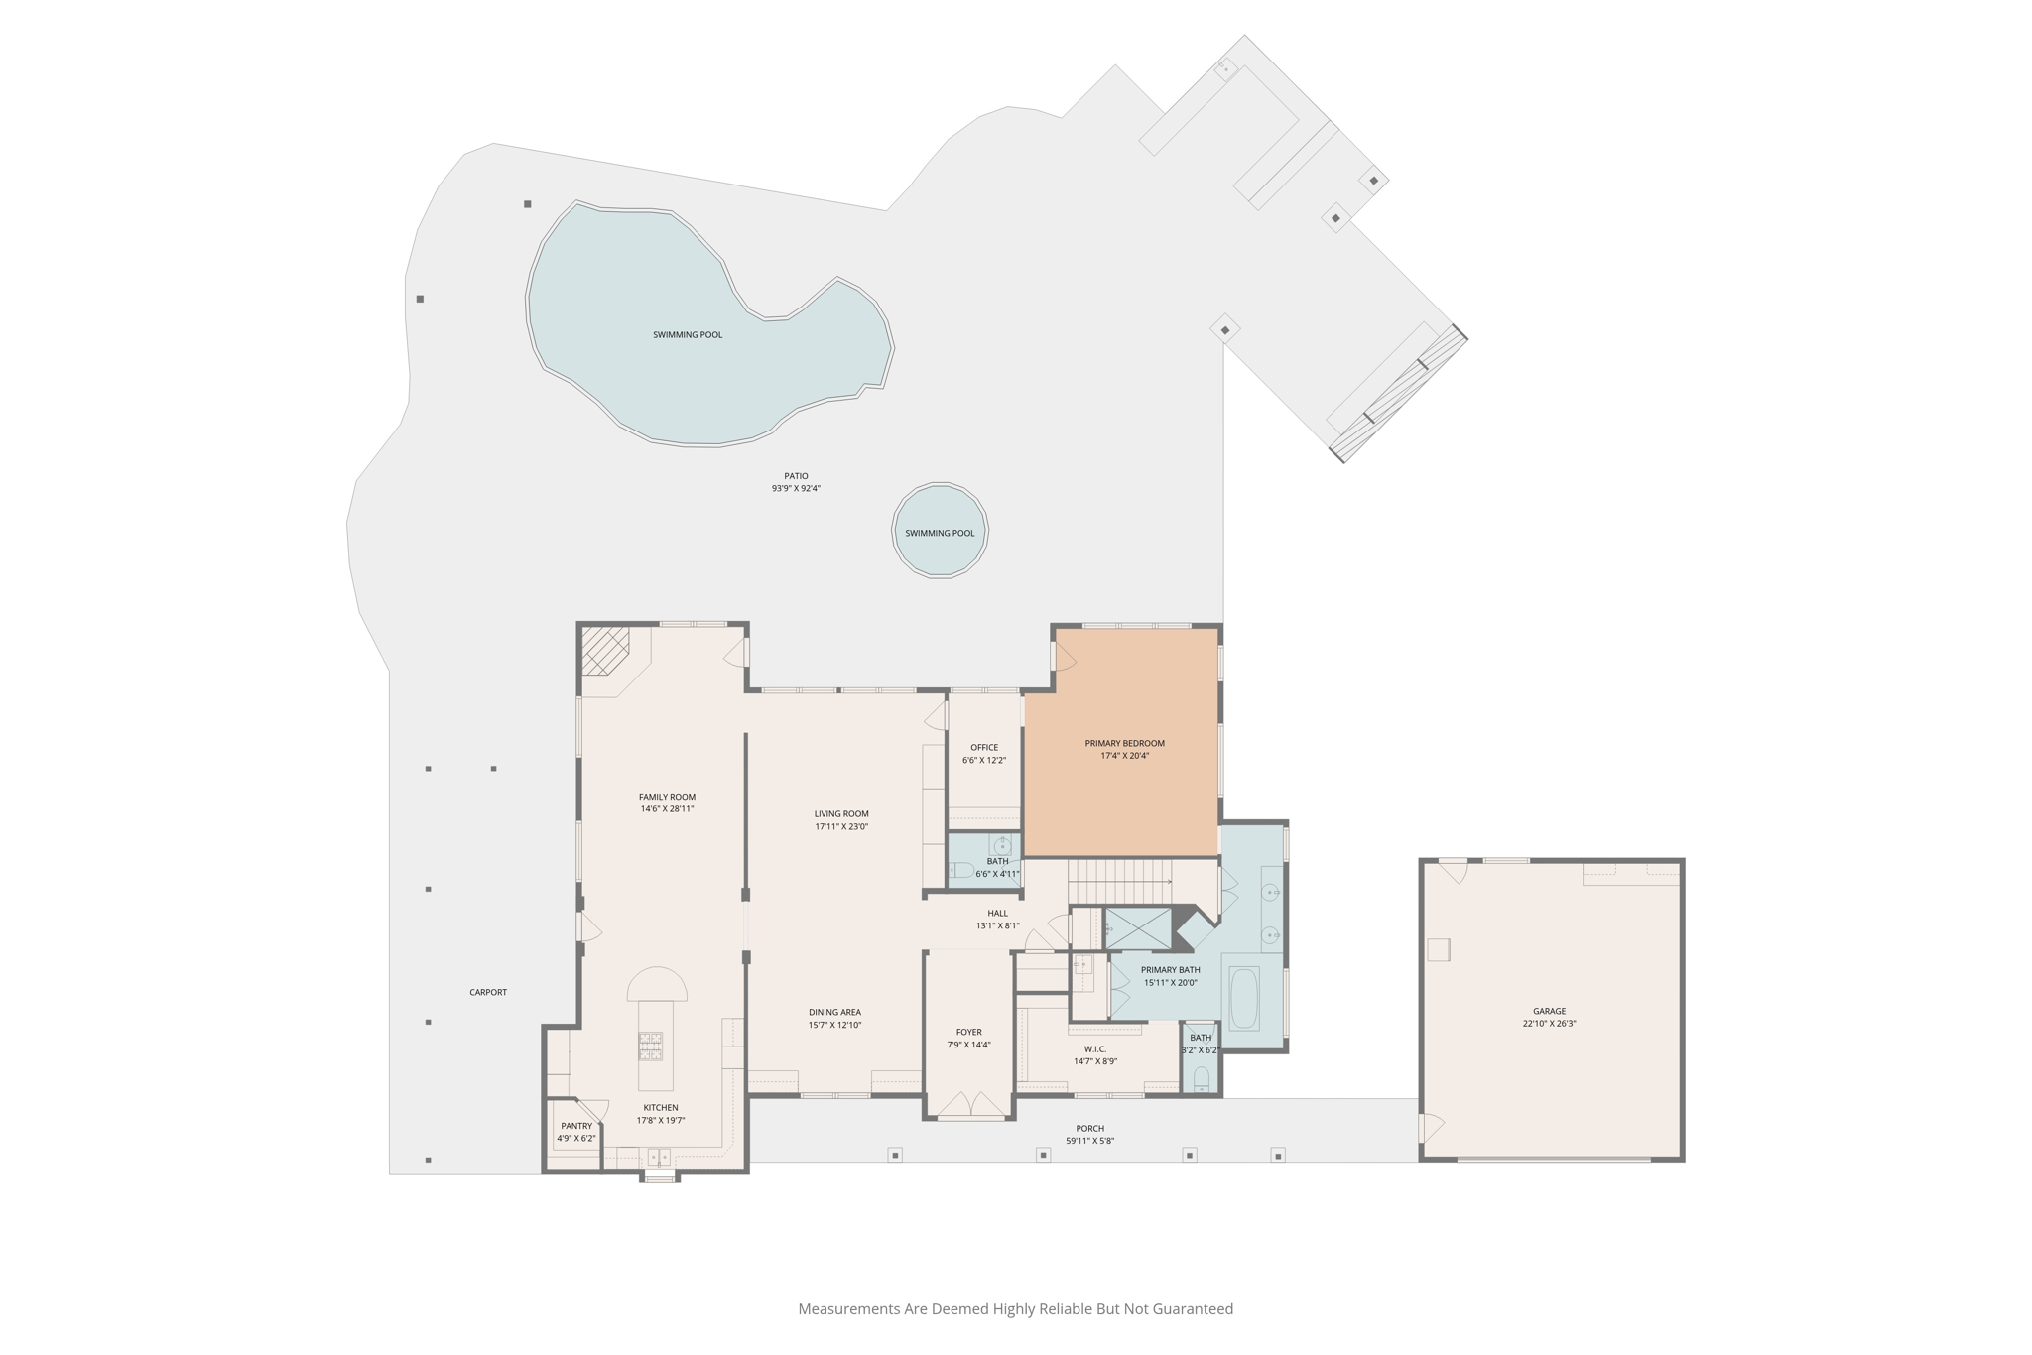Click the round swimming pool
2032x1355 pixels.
940,530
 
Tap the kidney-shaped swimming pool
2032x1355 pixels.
695,327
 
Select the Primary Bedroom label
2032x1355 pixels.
1124,743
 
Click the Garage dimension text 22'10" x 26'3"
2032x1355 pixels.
1549,1024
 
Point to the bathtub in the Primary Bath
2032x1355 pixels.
1244,999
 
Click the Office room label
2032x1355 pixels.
984,748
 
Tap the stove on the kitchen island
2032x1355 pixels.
650,1046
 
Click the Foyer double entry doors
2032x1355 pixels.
970,1104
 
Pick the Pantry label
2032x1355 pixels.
576,1126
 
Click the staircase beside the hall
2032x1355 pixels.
1119,880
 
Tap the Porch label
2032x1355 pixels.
1089,1129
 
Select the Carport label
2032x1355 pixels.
488,992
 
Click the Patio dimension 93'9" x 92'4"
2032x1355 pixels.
796,488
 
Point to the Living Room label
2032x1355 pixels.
841,814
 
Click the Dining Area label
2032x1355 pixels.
834,1013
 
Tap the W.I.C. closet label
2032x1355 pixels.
1095,1049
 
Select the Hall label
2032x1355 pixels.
997,914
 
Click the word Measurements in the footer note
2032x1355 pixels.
849,1309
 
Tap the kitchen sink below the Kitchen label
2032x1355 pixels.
659,1157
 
